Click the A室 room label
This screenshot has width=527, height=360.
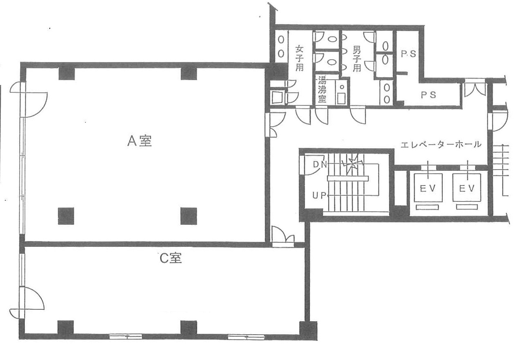140,141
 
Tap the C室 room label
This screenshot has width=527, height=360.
171,258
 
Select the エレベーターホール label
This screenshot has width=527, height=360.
441,144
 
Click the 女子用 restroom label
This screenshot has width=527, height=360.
299,58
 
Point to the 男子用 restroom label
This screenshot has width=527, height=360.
357,58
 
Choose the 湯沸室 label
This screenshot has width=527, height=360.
322,89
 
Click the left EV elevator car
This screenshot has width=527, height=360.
428,188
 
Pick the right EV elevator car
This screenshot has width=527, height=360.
467,188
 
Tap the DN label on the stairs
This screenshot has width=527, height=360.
320,164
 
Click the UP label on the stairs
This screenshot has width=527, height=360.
319,195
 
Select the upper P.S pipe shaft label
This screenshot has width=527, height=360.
409,54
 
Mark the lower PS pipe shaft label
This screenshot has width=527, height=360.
429,95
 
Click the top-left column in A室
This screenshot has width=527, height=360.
67,74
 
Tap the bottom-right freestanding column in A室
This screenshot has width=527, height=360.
189,216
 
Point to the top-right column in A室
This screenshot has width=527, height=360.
189,74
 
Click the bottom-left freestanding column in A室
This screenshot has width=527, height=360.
66,216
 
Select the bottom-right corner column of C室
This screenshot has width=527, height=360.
308,330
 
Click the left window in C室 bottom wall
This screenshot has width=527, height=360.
126,337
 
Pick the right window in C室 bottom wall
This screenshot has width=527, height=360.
246,337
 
